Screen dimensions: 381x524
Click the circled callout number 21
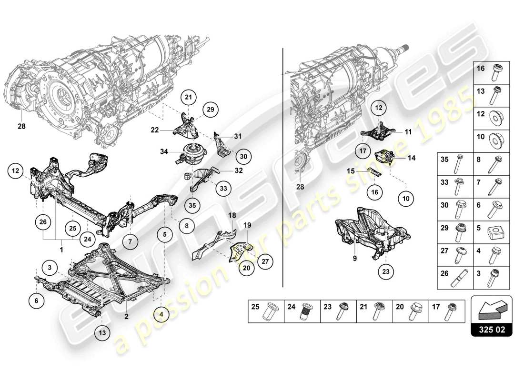click(x=188, y=98)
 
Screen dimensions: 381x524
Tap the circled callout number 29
click(x=209, y=110)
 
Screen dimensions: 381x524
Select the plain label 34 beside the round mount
click(x=163, y=152)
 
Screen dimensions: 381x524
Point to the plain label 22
click(x=154, y=130)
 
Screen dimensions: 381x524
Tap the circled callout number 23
click(x=386, y=272)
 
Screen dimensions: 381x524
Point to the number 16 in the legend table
click(x=480, y=69)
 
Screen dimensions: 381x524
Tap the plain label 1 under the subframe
click(x=61, y=249)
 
